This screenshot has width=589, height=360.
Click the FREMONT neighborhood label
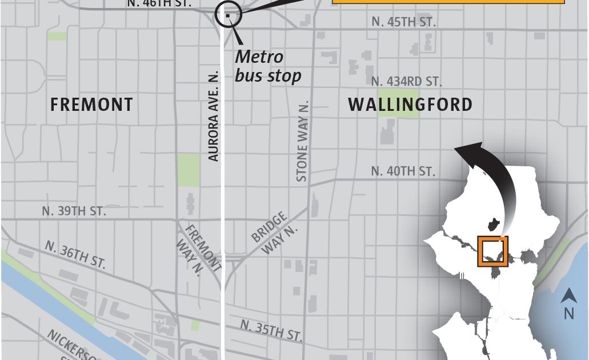pyautogui.click(x=91, y=105)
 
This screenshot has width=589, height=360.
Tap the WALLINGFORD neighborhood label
pyautogui.click(x=410, y=105)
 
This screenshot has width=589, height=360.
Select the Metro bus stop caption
pyautogui.click(x=267, y=66)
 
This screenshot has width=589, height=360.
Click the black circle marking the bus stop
pyautogui.click(x=228, y=15)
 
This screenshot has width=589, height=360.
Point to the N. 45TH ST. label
pyautogui.click(x=403, y=22)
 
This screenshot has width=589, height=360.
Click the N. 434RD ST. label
pyautogui.click(x=406, y=82)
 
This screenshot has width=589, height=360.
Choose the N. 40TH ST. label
pyautogui.click(x=403, y=171)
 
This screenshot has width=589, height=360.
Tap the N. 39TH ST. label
pyautogui.click(x=74, y=211)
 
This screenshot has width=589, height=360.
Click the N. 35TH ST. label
pyautogui.click(x=271, y=330)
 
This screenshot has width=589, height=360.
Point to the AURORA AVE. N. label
pyautogui.click(x=214, y=117)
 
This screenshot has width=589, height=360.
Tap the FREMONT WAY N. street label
pyautogui.click(x=201, y=249)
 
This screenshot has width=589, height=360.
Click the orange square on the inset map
pyautogui.click(x=493, y=252)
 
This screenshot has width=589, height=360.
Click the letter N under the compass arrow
pyautogui.click(x=568, y=313)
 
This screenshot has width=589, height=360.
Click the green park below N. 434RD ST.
pyautogui.click(x=398, y=102)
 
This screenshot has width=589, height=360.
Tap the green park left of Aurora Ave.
pyautogui.click(x=188, y=169)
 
